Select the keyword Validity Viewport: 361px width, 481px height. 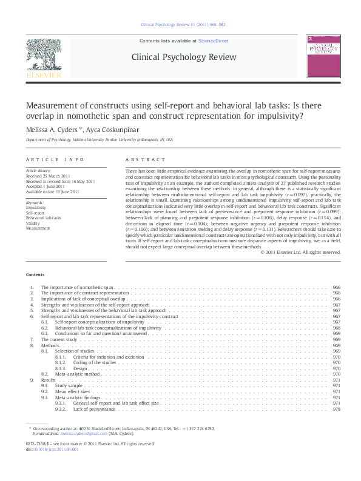click(x=32, y=222)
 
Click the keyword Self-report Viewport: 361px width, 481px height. click(x=35, y=212)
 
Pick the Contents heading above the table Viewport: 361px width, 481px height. click(x=35, y=274)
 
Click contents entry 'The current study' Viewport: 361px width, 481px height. click(x=59, y=340)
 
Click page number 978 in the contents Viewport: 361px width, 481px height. click(x=336, y=409)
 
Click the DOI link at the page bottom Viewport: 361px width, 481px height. click(x=50, y=449)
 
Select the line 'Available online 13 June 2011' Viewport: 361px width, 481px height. click(x=52, y=191)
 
